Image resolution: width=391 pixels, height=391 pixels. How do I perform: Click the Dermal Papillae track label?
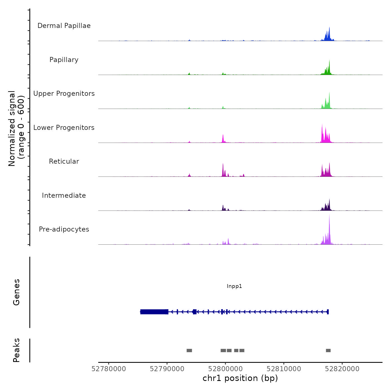64,26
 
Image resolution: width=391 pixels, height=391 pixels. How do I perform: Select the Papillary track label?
64,60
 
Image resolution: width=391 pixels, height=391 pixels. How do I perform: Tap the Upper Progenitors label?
64,94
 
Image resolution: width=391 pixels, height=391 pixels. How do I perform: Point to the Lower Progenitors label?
64,128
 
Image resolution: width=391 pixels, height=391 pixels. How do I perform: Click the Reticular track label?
64,161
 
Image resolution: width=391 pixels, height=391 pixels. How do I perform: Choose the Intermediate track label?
64,195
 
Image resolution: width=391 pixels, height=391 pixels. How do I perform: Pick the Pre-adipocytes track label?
64,229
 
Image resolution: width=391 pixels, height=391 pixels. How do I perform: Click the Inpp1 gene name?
234,286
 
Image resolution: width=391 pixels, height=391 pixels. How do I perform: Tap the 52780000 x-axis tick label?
109,369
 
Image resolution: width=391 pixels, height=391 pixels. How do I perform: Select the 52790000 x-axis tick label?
167,369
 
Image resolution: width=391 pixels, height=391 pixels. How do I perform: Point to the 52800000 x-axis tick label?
225,369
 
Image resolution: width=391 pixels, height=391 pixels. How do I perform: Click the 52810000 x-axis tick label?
284,369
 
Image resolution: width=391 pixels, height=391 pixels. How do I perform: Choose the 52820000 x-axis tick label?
342,369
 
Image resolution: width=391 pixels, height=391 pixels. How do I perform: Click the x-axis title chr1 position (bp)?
240,378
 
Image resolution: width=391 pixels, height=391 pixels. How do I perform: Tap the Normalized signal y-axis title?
16,128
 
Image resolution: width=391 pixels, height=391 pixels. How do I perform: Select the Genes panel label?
16,292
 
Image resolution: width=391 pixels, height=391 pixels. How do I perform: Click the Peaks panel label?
16,350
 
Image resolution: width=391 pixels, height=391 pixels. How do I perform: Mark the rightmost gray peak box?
328,351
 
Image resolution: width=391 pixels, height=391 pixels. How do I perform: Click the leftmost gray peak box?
189,351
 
